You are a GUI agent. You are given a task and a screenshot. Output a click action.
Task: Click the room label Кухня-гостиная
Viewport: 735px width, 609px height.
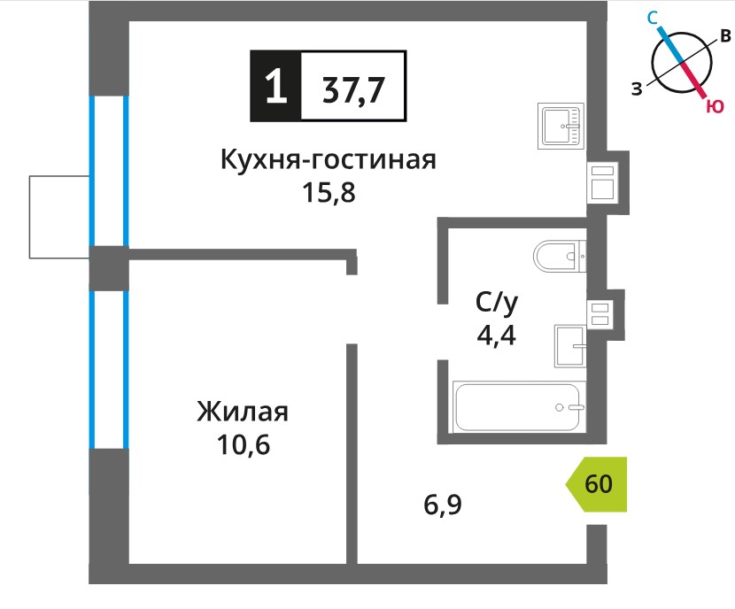tap(329, 159)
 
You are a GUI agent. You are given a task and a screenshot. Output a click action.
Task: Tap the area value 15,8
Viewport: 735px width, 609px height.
tap(329, 192)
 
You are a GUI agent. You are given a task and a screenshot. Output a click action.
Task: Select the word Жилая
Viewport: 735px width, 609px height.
tap(243, 412)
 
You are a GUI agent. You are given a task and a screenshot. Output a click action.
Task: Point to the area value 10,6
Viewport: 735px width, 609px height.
tap(244, 444)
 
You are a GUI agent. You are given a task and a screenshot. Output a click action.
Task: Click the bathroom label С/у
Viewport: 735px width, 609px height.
tap(497, 303)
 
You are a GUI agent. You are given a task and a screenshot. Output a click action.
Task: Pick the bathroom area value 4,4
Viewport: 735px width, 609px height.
tap(497, 335)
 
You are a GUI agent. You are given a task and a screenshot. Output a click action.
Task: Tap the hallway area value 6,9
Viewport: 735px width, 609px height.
tap(443, 505)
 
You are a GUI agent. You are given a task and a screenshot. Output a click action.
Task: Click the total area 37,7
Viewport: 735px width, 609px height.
tap(353, 90)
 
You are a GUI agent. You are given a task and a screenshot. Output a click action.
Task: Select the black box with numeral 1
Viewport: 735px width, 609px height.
tap(275, 86)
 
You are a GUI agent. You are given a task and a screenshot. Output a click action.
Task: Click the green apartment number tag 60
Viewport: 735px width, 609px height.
tap(597, 483)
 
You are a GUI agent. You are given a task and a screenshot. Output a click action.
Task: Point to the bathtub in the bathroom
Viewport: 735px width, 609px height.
tap(520, 406)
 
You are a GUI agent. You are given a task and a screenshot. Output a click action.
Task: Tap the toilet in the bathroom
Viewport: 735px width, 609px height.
tap(560, 256)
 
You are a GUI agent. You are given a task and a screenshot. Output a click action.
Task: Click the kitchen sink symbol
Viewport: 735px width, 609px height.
tap(561, 126)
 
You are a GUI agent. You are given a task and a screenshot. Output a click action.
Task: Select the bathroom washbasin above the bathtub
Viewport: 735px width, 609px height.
tap(570, 346)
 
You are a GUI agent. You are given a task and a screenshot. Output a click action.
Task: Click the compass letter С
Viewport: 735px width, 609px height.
tap(653, 19)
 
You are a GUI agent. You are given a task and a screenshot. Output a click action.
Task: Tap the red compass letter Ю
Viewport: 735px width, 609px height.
tap(715, 107)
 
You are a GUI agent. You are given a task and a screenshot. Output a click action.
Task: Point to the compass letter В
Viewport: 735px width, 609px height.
tap(725, 35)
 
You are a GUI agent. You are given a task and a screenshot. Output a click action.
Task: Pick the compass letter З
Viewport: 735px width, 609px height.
tap(637, 88)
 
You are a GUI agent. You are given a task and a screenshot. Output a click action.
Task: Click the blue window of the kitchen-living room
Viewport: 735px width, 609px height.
tap(109, 171)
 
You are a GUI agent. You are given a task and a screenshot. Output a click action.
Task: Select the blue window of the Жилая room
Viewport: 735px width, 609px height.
tap(109, 370)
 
